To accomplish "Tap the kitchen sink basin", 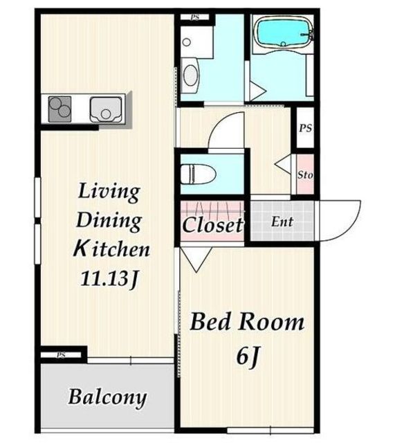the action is coord(106,109).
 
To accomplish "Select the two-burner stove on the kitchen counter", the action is coord(59,109).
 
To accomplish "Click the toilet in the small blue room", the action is coord(198,174).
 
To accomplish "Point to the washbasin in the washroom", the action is coord(190,75).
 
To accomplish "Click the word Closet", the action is coord(212,224).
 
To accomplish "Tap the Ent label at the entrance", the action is coord(282,221).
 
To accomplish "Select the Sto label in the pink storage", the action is coord(305,175).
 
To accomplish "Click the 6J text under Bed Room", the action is coord(248,356).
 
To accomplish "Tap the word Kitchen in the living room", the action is coord(111,249).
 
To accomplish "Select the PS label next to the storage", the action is coord(305,128).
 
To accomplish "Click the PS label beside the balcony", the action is coord(62,354).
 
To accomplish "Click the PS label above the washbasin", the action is coord(195,17).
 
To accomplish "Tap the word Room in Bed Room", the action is coord(271,322).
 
